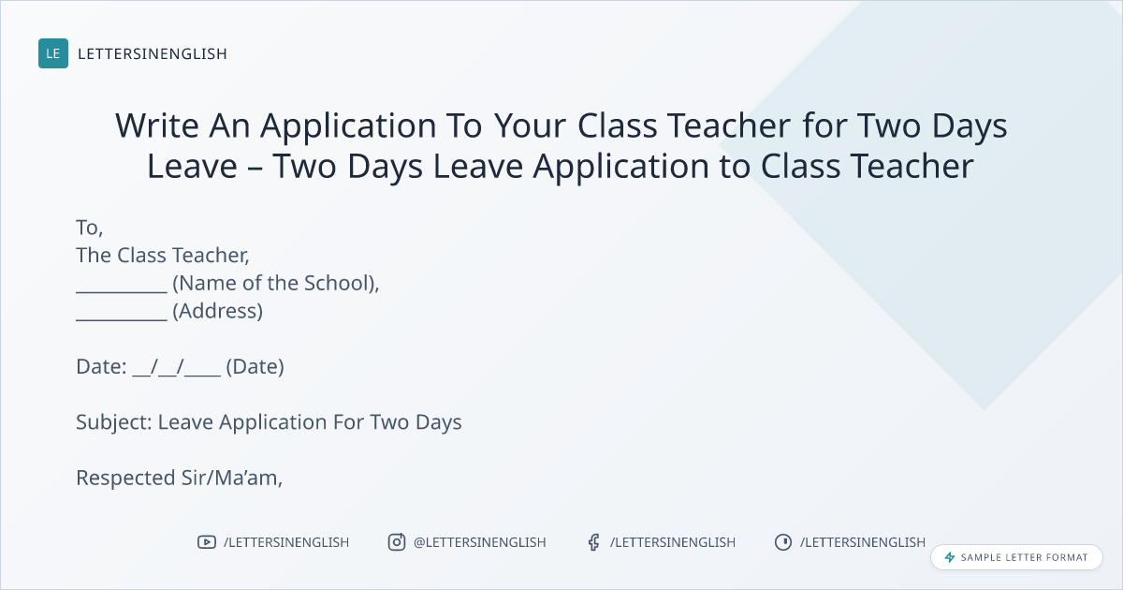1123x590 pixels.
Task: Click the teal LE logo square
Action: click(53, 53)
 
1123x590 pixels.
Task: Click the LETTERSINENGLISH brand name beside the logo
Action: click(153, 53)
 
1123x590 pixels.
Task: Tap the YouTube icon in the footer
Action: click(207, 542)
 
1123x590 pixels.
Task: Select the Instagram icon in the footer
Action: click(397, 542)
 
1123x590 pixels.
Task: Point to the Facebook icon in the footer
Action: click(594, 542)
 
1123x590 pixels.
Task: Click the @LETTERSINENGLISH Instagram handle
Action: click(480, 542)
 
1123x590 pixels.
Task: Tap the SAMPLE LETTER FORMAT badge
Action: click(1016, 557)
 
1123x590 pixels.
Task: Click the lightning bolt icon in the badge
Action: click(950, 557)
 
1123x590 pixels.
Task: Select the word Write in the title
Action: click(157, 125)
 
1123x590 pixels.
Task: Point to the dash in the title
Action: click(255, 168)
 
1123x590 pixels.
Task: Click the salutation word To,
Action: click(89, 228)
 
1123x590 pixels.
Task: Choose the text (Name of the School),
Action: click(276, 283)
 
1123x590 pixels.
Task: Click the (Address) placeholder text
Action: click(217, 311)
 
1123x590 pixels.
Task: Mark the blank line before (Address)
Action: click(122, 319)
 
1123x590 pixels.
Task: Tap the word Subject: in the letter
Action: click(114, 422)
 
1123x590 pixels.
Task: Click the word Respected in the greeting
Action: click(125, 479)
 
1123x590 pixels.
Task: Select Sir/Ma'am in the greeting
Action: click(232, 478)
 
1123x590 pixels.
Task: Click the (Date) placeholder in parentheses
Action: click(255, 367)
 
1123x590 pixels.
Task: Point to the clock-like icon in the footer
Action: click(783, 542)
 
